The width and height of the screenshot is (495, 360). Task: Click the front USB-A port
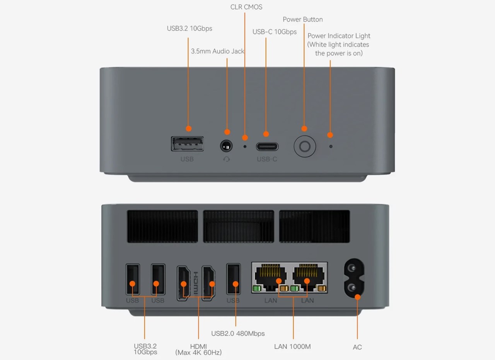(188, 144)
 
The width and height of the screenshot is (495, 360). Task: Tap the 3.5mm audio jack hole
(226, 146)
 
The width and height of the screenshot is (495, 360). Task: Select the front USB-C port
(267, 147)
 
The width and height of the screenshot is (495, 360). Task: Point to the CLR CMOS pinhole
(245, 147)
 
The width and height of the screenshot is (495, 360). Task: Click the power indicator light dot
(331, 147)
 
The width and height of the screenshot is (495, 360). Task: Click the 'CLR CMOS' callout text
(246, 7)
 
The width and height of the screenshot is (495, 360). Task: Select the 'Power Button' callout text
(302, 19)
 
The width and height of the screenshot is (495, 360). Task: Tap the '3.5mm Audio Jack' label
(218, 51)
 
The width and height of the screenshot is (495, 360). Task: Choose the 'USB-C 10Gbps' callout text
(275, 32)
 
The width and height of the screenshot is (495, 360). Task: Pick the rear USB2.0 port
(233, 280)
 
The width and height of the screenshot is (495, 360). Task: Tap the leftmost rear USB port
(133, 280)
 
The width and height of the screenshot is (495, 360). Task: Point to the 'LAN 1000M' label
(292, 346)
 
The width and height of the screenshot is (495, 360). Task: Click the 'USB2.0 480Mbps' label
(238, 333)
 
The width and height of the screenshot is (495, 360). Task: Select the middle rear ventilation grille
(239, 226)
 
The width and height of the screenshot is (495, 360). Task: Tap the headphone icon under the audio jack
(226, 159)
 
